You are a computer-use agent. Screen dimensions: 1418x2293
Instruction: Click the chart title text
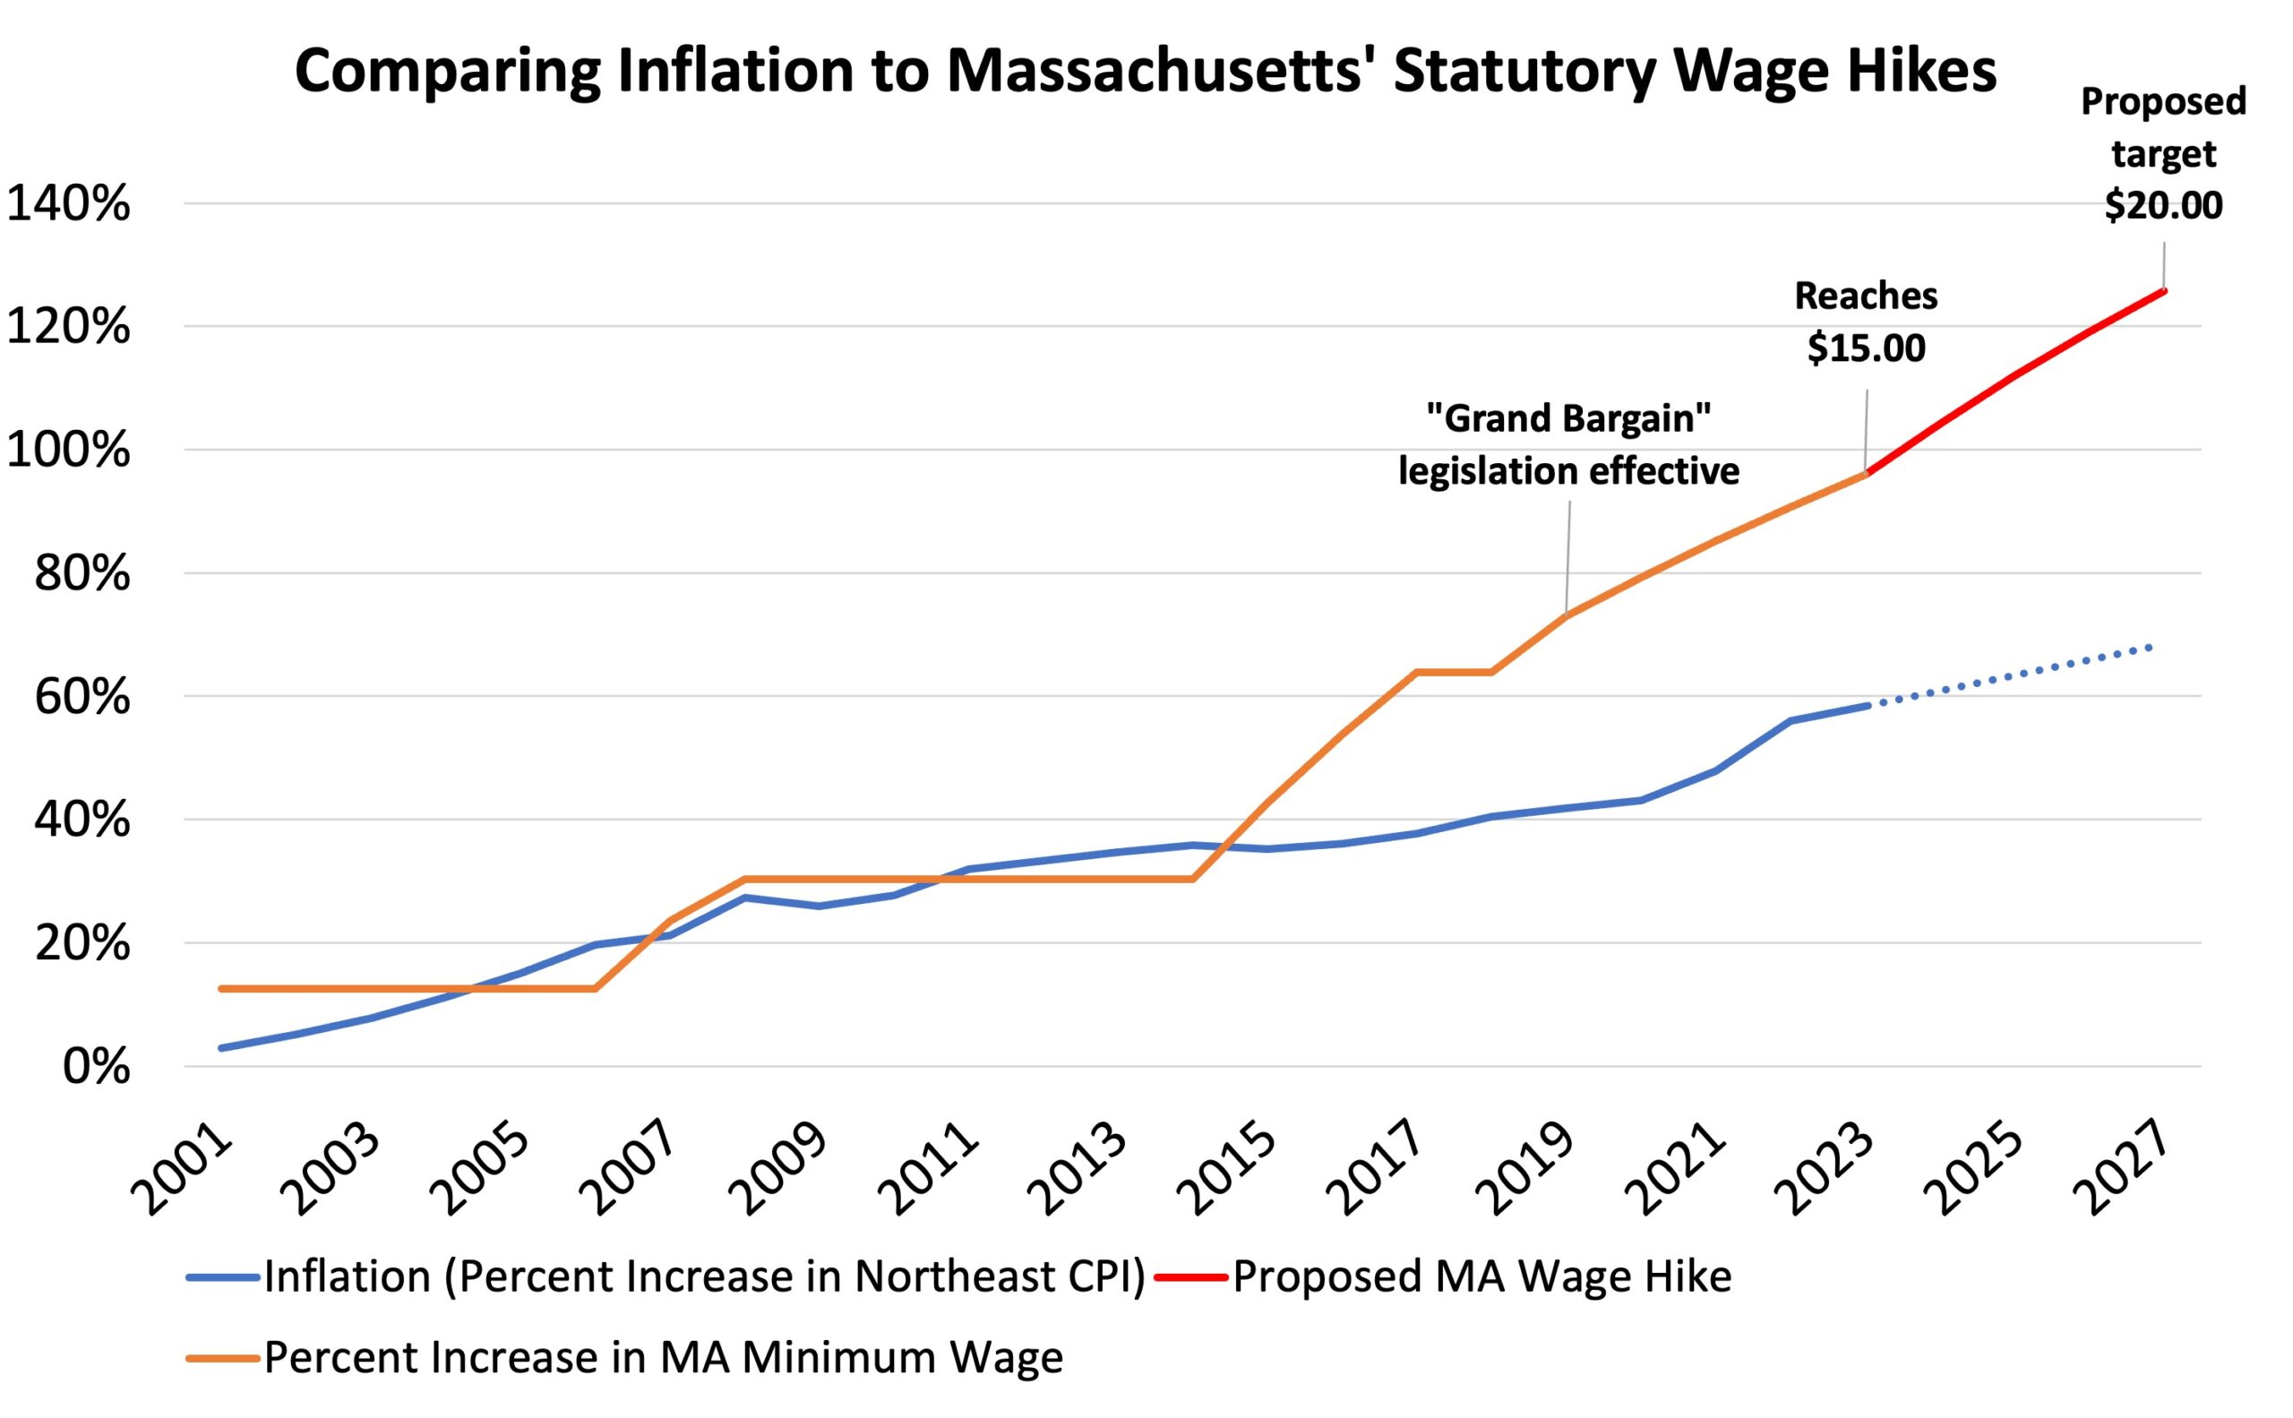pyautogui.click(x=1145, y=72)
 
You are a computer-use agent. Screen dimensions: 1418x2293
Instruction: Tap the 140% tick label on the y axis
pyautogui.click(x=67, y=204)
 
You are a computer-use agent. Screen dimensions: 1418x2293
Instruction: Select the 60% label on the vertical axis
pyautogui.click(x=82, y=698)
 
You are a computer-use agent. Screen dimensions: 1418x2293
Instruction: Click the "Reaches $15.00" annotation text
pyautogui.click(x=1866, y=322)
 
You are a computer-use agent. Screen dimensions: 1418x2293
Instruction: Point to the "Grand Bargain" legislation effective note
pyautogui.click(x=1568, y=444)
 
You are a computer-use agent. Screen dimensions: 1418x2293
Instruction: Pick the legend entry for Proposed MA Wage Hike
pyautogui.click(x=1481, y=1276)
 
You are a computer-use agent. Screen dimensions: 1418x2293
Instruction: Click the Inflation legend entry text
pyautogui.click(x=704, y=1276)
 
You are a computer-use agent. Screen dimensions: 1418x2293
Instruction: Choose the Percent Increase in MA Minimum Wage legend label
pyautogui.click(x=663, y=1357)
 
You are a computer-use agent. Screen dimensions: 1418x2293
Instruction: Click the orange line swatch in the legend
pyautogui.click(x=222, y=1358)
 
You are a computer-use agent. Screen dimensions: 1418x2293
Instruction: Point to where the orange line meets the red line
pyautogui.click(x=1867, y=473)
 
